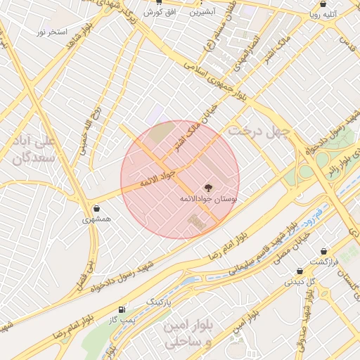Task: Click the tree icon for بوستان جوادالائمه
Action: click(208, 188)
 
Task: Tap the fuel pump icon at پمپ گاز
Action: click(123, 309)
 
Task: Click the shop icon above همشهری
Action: click(96, 209)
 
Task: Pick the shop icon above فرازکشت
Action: click(324, 251)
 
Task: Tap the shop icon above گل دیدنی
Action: click(300, 271)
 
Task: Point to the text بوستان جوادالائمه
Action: click(208, 200)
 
